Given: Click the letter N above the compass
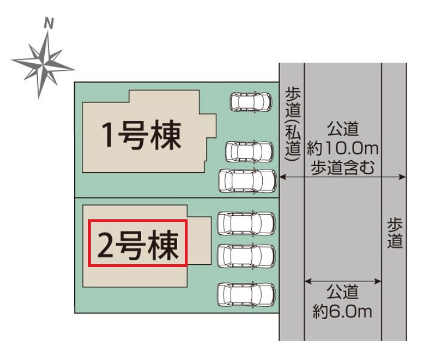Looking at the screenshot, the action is click(x=49, y=23).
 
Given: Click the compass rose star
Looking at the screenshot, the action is click(x=43, y=65).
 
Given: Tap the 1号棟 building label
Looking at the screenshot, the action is click(x=142, y=135).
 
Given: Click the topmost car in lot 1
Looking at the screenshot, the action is click(x=251, y=102).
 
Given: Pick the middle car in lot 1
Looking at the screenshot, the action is click(x=249, y=151).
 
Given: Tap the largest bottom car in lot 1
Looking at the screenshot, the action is click(x=247, y=181).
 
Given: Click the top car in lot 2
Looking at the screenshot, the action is click(x=246, y=223).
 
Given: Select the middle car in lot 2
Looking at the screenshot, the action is click(x=246, y=256).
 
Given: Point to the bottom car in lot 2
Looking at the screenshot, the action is click(x=246, y=294).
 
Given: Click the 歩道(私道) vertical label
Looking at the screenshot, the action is click(x=293, y=125).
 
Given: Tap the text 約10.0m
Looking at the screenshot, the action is click(x=343, y=148).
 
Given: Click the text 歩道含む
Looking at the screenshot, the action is click(x=343, y=167).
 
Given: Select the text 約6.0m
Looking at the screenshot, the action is click(x=343, y=312).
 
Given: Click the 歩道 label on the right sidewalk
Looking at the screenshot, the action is click(x=395, y=233).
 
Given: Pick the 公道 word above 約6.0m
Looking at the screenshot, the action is click(x=343, y=292).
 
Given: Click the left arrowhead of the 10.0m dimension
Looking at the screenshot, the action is click(x=283, y=177).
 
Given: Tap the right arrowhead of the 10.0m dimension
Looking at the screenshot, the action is click(x=402, y=177).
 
